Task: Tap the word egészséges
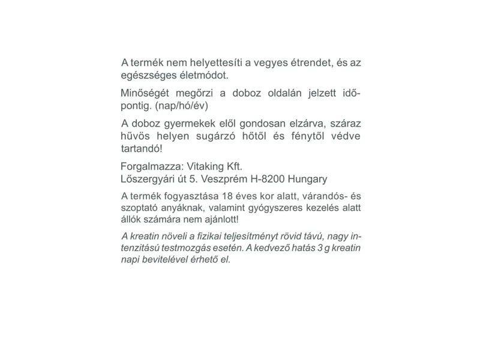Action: (148, 76)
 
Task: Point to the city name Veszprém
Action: (224, 179)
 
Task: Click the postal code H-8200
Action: (268, 179)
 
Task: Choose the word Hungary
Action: (307, 179)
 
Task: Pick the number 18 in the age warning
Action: (227, 196)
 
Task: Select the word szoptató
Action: (140, 208)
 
